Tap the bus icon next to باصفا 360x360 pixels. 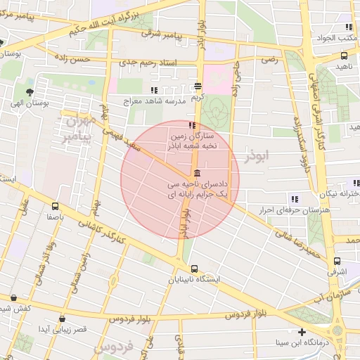[x=56, y=206]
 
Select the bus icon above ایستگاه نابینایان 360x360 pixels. [x=194, y=268]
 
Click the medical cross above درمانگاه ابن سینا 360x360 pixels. [x=302, y=332]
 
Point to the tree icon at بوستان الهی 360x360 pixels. [x=29, y=92]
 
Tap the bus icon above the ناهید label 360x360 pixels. [x=344, y=56]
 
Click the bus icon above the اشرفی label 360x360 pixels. [x=337, y=262]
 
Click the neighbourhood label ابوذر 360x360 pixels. [x=257, y=156]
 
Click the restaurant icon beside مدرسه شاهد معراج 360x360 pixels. [x=154, y=90]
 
